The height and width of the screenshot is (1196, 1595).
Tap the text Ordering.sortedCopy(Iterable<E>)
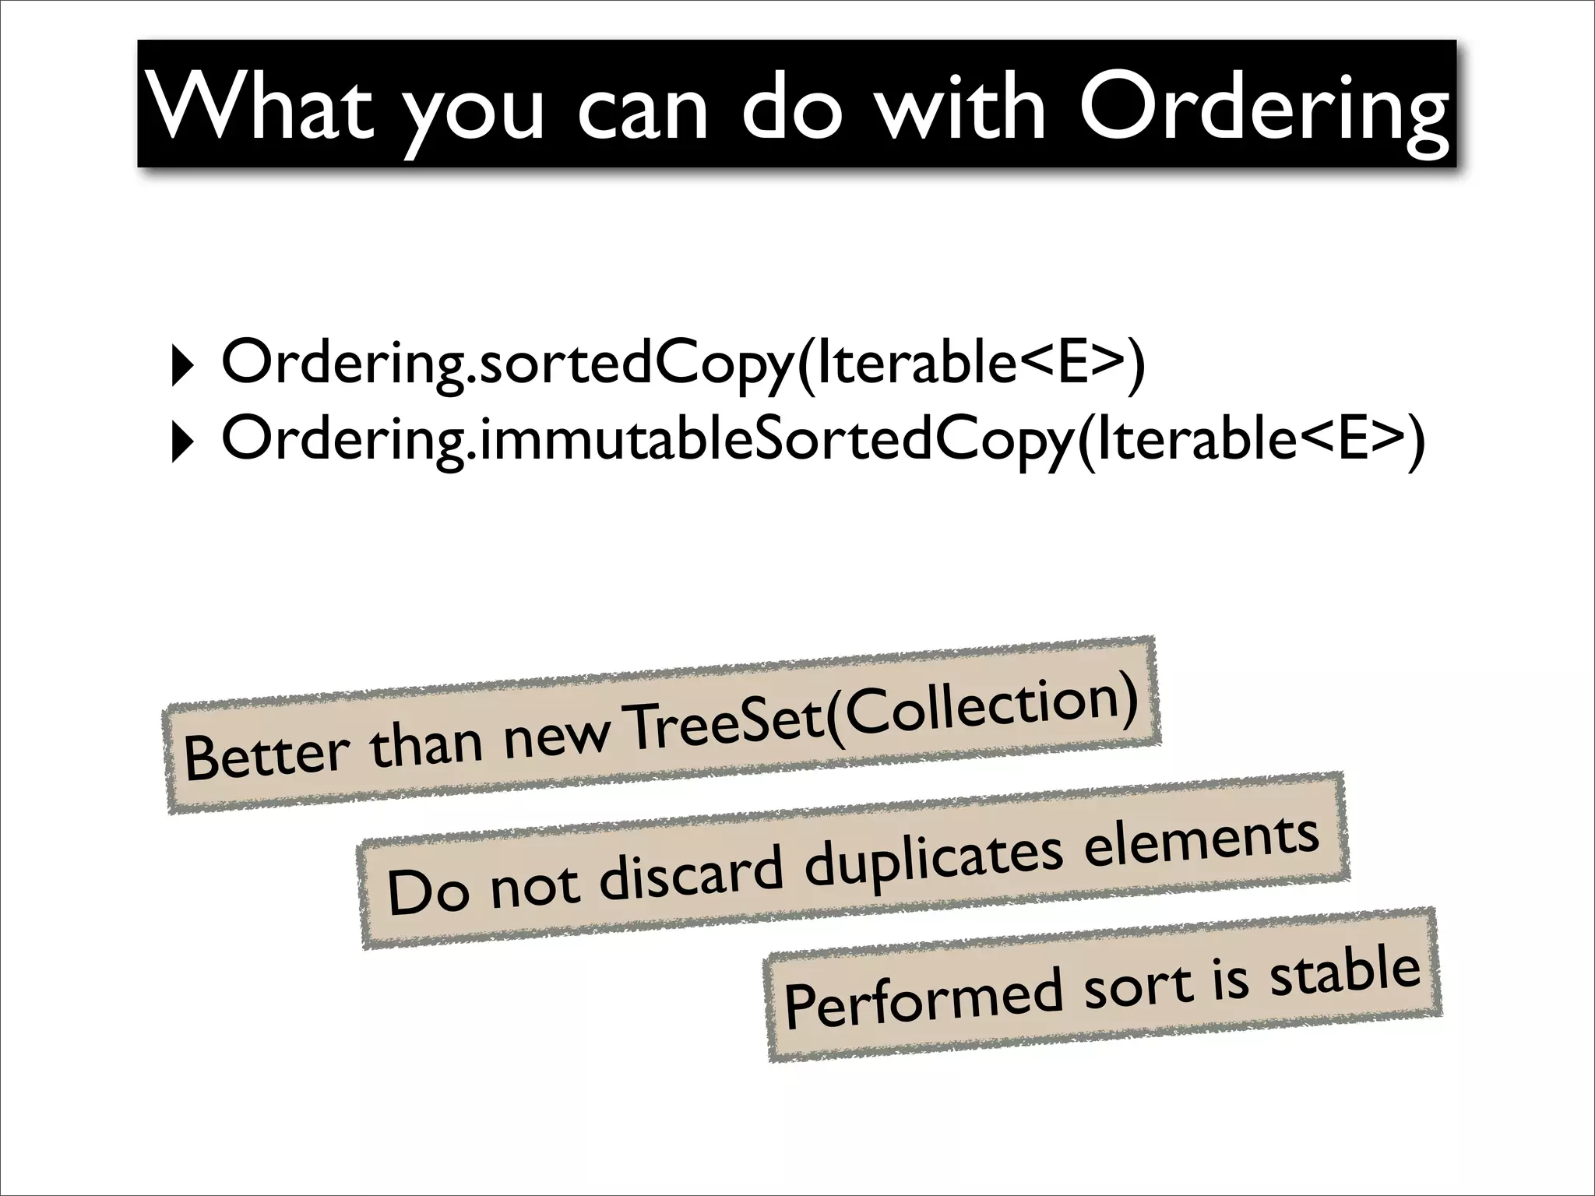[683, 364]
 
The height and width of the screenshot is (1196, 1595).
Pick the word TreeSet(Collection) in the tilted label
[880, 712]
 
